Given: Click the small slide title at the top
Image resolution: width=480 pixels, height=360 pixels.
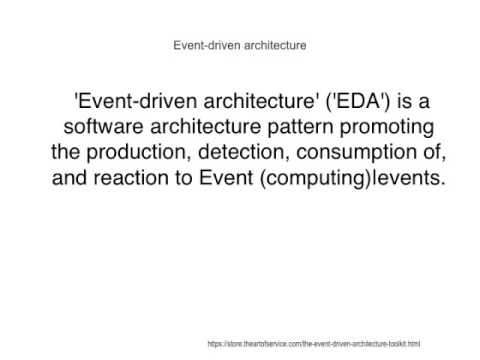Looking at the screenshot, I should (x=240, y=45).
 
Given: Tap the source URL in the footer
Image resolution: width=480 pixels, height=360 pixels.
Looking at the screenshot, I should (x=313, y=343).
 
